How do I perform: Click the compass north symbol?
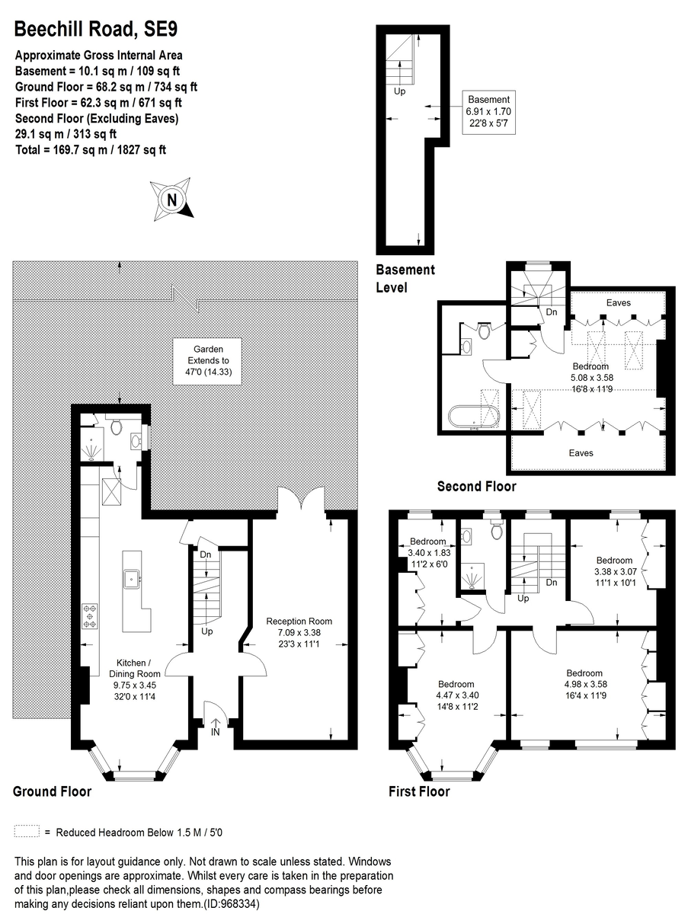[171, 200]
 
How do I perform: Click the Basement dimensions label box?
[488, 112]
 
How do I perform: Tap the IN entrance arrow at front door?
[216, 726]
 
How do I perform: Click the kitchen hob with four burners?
[90, 615]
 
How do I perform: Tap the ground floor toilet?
[117, 427]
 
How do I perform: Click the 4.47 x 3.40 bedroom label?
[456, 694]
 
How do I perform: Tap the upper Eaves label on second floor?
[618, 303]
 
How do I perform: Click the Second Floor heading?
[476, 487]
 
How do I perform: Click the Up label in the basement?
[400, 91]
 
